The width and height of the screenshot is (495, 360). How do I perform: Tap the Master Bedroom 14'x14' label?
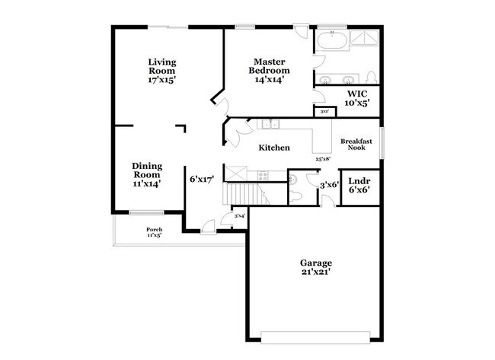(270, 71)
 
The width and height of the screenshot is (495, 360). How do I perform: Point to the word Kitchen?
(273, 148)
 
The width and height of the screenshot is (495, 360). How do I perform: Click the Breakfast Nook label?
(356, 144)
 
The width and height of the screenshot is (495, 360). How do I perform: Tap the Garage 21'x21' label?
(315, 268)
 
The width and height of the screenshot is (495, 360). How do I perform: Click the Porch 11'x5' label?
(154, 232)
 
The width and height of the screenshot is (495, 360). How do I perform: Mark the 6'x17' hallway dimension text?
(201, 180)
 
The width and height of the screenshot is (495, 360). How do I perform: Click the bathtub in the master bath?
(332, 40)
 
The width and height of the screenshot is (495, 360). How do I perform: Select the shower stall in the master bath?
(365, 40)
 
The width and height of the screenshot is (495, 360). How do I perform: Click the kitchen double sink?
(270, 124)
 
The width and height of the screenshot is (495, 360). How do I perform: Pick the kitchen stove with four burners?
(263, 174)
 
